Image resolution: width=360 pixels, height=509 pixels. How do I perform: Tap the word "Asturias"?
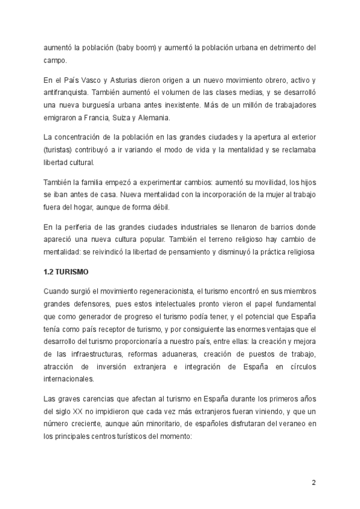(114, 80)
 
